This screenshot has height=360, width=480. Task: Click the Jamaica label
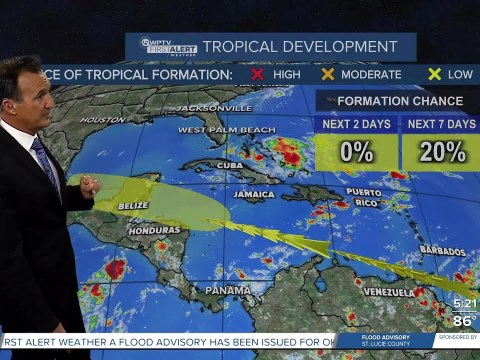coord(254,194)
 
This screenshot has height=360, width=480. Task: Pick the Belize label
coord(133,205)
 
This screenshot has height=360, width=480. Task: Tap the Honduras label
coord(155,229)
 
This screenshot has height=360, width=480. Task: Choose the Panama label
coord(228,290)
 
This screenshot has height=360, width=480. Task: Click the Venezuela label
coord(389,292)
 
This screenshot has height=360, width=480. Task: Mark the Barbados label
coord(442,250)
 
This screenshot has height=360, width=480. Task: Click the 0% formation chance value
coord(356,152)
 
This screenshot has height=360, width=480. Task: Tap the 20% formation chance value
coord(442,152)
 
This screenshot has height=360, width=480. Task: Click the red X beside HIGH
coord(257,74)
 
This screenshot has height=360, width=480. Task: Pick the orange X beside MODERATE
coord(327,74)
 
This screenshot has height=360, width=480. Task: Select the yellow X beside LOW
coord(434,74)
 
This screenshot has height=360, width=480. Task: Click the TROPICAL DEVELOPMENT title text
coord(299,46)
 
